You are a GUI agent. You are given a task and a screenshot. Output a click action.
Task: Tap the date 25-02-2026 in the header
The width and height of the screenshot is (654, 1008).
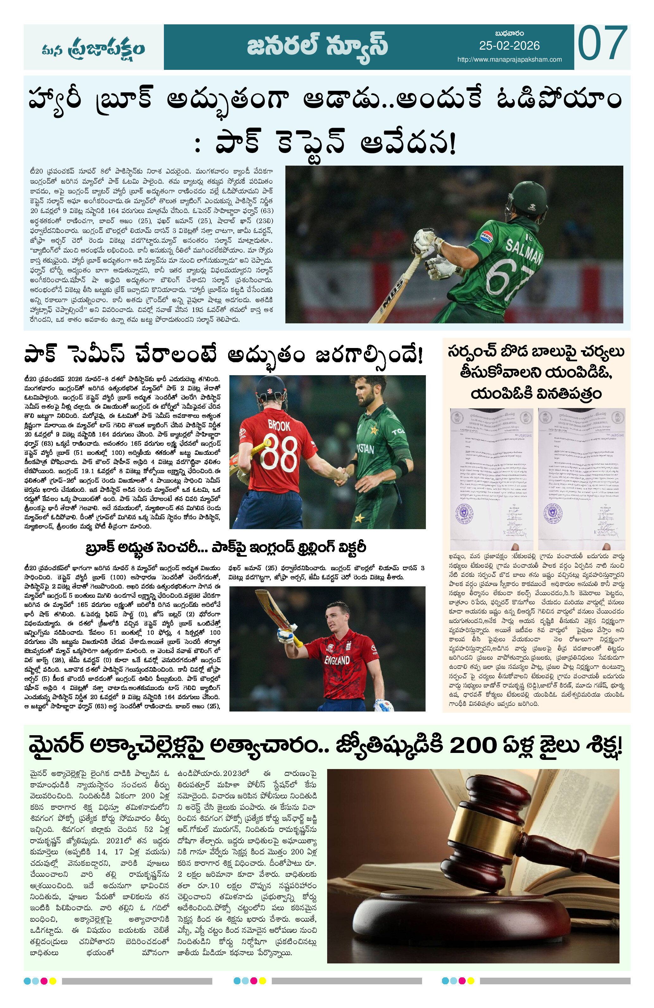(x=509, y=46)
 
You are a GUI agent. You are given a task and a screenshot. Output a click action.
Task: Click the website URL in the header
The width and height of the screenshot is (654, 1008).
(x=509, y=60)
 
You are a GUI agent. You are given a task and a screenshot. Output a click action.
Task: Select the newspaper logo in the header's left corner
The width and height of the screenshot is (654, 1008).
(x=93, y=48)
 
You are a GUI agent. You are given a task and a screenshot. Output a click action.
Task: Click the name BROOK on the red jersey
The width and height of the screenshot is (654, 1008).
(x=279, y=425)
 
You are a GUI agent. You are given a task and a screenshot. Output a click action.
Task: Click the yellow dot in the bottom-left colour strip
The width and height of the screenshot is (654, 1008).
(x=53, y=981)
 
